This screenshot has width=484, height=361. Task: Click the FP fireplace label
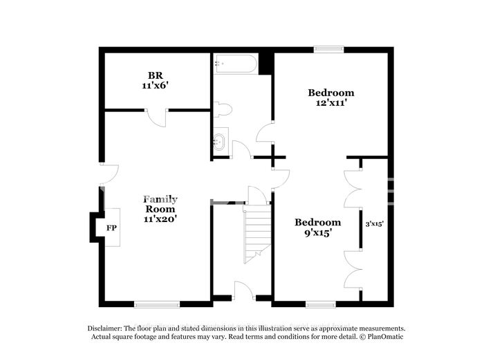click(111, 228)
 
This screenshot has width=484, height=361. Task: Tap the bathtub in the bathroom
click(236, 64)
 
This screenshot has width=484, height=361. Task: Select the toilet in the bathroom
click(222, 109)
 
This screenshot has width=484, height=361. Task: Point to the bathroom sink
click(219, 142)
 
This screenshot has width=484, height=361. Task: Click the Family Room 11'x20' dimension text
click(160, 219)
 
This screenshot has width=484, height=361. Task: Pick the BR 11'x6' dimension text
click(155, 85)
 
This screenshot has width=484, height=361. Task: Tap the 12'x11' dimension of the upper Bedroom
click(330, 103)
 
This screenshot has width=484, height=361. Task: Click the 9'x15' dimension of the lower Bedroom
click(318, 232)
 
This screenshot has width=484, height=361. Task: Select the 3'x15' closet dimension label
click(375, 224)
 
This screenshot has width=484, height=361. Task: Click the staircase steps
click(257, 234)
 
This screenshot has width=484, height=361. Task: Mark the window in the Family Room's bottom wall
click(157, 304)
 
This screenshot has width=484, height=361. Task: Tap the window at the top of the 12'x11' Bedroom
click(328, 49)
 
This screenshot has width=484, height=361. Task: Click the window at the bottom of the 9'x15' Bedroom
click(321, 304)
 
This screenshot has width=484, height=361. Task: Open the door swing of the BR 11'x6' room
click(157, 118)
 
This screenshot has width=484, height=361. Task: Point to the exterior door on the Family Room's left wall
click(109, 174)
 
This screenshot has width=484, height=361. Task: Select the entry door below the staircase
click(244, 290)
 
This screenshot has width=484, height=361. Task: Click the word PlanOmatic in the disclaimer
click(385, 337)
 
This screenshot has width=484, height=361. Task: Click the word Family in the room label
click(160, 200)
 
